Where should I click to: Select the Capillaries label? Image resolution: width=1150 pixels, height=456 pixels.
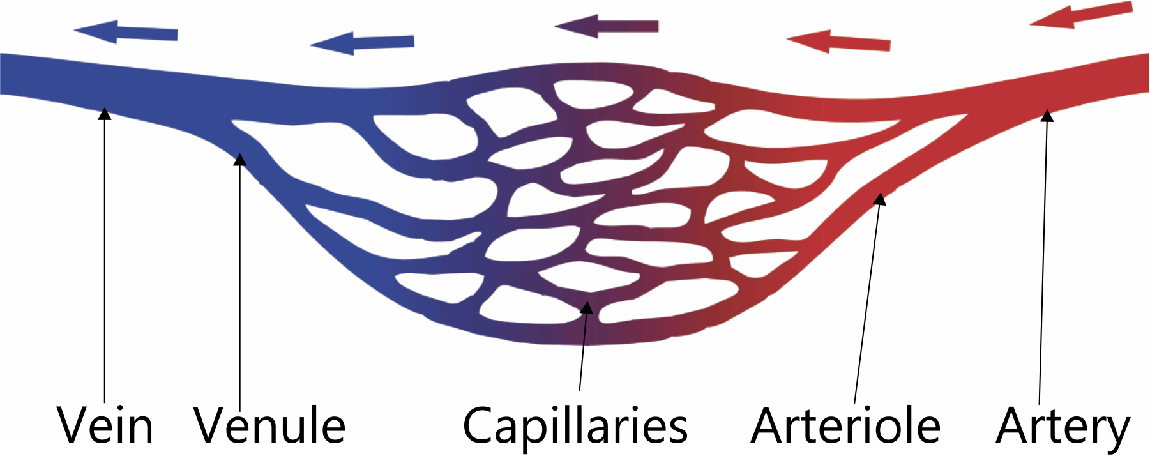tap(575, 426)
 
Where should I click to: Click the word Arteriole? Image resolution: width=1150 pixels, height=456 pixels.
tap(845, 426)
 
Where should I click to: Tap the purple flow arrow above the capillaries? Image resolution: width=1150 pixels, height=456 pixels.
tap(607, 26)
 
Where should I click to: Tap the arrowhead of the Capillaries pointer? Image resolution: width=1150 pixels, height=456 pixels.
tap(587, 307)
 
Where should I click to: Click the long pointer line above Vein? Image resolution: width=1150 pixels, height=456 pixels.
tap(105, 255)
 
